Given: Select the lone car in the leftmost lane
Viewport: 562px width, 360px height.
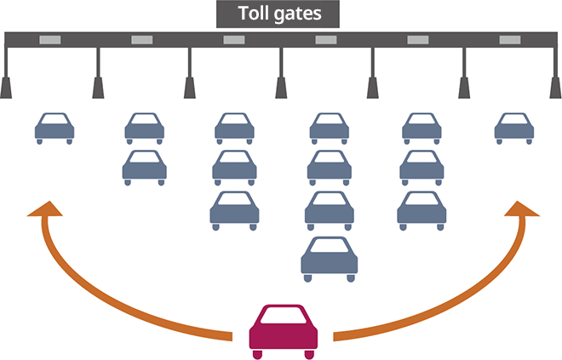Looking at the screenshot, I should [54, 128].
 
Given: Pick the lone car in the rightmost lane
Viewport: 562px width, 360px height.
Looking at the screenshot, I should [514, 128].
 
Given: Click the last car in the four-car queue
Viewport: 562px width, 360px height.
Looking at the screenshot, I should [330, 259].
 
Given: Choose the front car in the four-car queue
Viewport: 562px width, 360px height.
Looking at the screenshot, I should [329, 128].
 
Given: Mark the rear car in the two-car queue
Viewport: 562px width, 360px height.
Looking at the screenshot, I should [145, 167].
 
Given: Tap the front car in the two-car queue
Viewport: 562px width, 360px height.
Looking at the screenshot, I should [145, 128].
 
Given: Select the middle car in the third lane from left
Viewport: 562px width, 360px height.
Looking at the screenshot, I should [235, 167].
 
